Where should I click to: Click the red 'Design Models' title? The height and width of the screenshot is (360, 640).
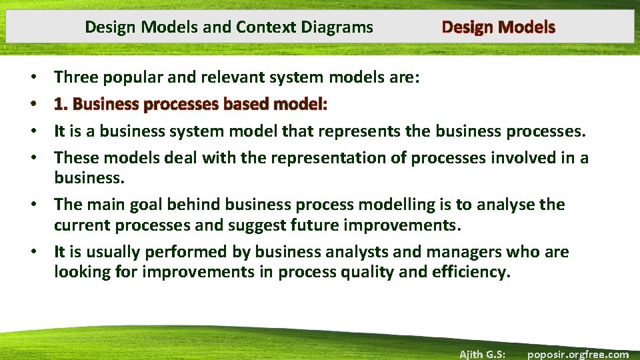coord(498,27)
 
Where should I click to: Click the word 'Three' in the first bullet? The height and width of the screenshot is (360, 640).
coord(75,77)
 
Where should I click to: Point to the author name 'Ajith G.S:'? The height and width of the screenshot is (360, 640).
coord(482,354)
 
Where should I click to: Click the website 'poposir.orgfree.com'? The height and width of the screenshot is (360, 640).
coord(577,354)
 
